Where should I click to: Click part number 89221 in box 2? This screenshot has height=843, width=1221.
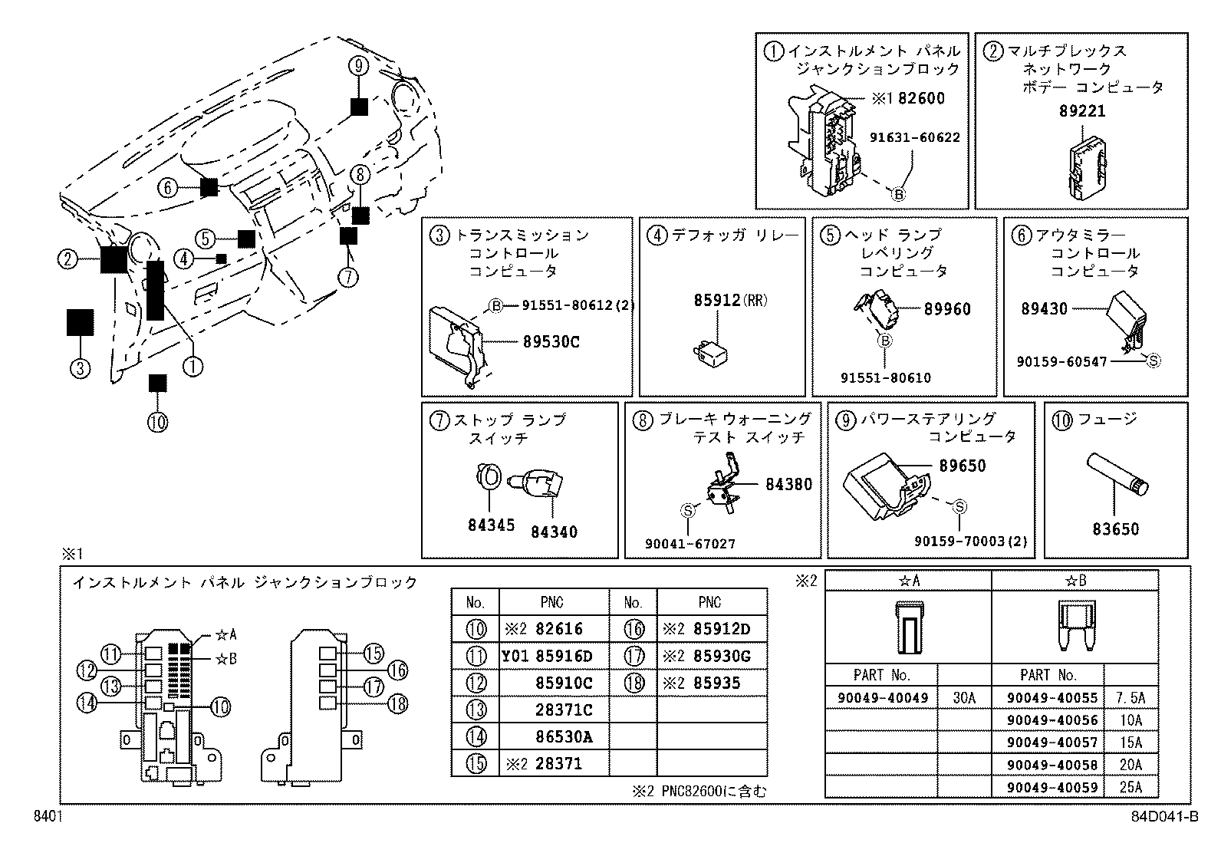click(x=1082, y=110)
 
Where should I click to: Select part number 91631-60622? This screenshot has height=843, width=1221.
click(x=914, y=137)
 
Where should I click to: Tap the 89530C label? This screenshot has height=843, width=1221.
click(x=551, y=342)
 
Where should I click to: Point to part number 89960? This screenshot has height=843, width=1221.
click(x=947, y=309)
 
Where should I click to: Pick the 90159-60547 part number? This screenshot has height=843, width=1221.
click(x=1061, y=361)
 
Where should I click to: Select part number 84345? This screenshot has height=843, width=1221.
click(x=491, y=525)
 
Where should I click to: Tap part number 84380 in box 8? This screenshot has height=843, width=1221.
click(x=788, y=484)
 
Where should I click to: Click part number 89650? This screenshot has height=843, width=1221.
click(x=962, y=466)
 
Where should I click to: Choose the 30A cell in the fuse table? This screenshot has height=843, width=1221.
click(x=963, y=698)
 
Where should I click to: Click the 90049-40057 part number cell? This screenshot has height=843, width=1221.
click(x=1046, y=743)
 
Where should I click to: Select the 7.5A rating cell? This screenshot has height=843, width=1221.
click(x=1130, y=698)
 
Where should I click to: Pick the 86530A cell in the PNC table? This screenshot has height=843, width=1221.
click(x=564, y=737)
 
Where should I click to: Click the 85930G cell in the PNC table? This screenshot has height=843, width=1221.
click(x=721, y=656)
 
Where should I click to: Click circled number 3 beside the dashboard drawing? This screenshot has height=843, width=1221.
click(x=80, y=368)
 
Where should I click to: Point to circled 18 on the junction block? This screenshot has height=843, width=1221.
click(x=398, y=703)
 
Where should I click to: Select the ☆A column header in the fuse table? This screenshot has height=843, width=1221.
click(x=908, y=581)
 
